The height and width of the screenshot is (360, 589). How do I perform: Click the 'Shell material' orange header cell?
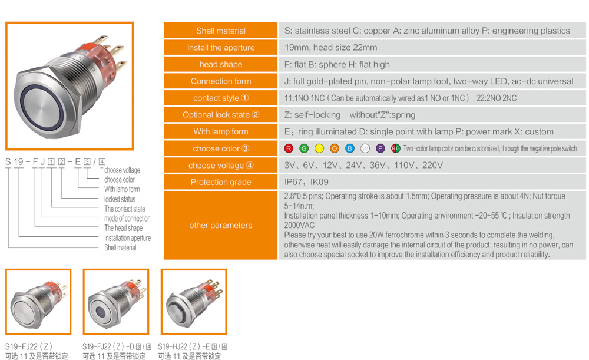tap(220, 31)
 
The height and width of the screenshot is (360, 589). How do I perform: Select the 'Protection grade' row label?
tap(220, 182)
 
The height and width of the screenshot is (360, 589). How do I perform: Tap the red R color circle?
tap(289, 148)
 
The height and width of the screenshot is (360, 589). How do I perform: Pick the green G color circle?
tap(304, 148)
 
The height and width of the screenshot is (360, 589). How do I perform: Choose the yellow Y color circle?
tap(319, 148)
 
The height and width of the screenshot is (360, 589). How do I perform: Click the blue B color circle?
tap(350, 148)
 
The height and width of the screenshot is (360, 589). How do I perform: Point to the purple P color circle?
tap(380, 148)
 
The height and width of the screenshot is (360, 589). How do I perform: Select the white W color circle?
tap(365, 148)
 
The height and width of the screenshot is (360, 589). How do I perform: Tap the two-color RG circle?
tap(396, 148)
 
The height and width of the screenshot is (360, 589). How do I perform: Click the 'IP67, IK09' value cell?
tap(432, 182)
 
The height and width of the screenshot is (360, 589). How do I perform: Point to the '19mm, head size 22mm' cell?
tap(432, 47)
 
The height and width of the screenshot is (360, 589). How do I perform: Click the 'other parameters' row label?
tap(220, 225)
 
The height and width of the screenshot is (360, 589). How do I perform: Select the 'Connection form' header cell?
tap(220, 81)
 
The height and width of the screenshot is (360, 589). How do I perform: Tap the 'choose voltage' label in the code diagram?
tap(122, 170)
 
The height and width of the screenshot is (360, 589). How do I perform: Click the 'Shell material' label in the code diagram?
tap(120, 247)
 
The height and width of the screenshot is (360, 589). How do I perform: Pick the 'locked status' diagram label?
tap(120, 199)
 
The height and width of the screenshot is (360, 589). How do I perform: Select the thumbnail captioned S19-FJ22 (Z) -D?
tap(116, 302)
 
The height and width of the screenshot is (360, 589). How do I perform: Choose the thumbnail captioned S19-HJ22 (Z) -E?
tap(194, 302)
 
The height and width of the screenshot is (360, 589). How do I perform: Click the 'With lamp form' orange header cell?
tap(220, 131)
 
